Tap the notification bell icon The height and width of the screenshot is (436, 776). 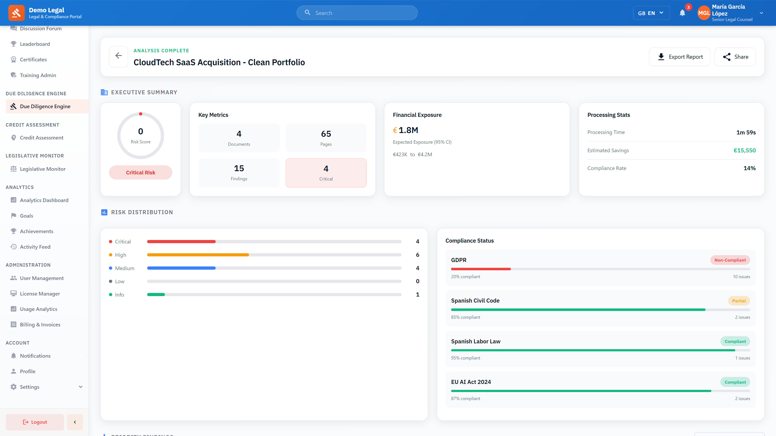(682, 13)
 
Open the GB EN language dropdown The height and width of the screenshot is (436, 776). (651, 13)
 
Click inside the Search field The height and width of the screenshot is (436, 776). (362, 13)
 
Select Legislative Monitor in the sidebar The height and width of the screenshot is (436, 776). (42, 169)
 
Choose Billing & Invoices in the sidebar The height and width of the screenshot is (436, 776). (40, 324)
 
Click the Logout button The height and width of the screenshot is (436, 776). (35, 422)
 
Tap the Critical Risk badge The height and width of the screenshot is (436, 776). (140, 172)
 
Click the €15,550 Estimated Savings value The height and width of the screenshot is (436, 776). (744, 150)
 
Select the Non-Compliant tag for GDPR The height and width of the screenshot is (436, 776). (730, 260)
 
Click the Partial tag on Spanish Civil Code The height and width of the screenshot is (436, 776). (739, 301)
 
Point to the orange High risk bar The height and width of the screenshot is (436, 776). (198, 255)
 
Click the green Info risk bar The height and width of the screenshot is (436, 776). (156, 295)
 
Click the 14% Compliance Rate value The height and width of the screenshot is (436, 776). (749, 168)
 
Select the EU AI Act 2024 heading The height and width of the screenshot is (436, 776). (471, 382)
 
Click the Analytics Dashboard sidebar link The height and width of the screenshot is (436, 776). (44, 200)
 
